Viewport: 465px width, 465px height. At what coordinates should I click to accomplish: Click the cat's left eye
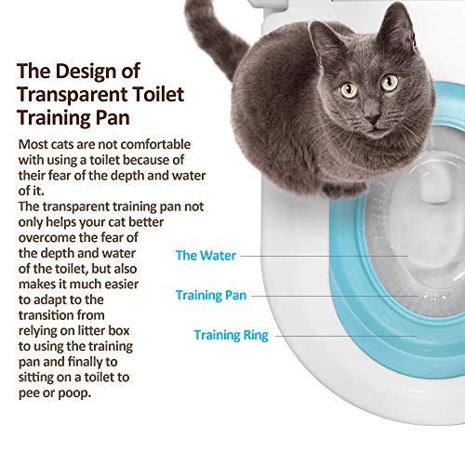click(349, 90)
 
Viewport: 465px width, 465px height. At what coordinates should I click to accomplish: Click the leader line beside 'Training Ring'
click(344, 334)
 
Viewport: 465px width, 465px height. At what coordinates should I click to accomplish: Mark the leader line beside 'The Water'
click(325, 254)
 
